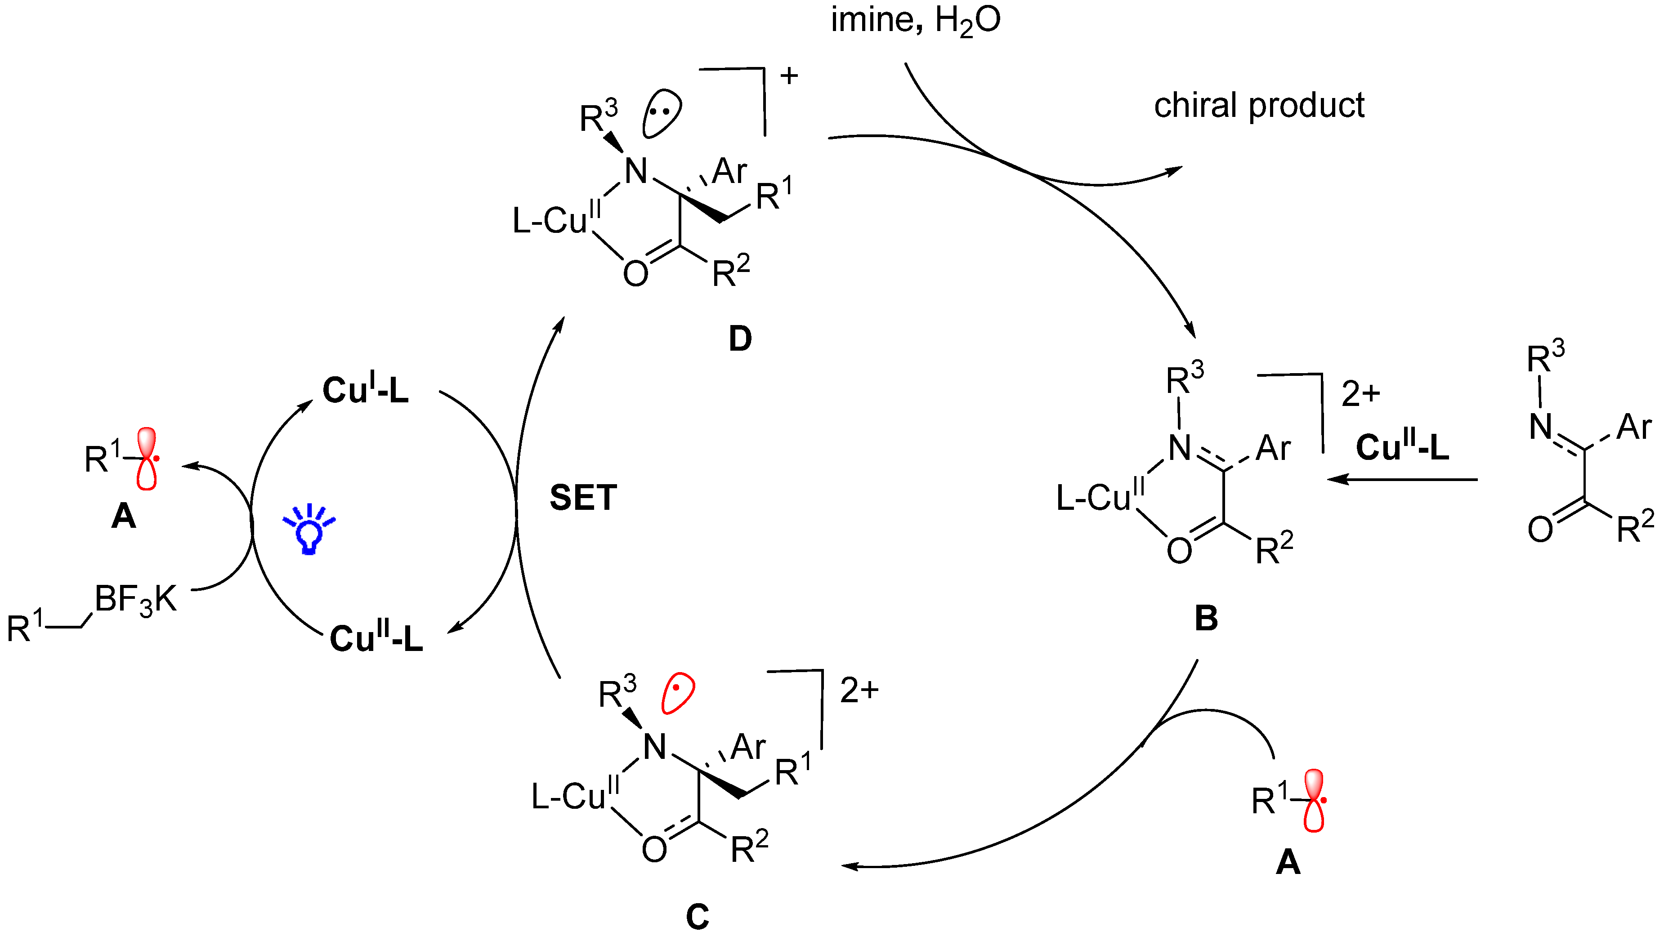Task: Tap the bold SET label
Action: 583,498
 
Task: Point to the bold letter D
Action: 740,338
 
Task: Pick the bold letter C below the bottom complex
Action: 698,916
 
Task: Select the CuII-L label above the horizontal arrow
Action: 1402,447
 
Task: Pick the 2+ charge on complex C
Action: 859,690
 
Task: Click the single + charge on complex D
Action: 789,76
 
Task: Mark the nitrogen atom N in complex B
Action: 1180,447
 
